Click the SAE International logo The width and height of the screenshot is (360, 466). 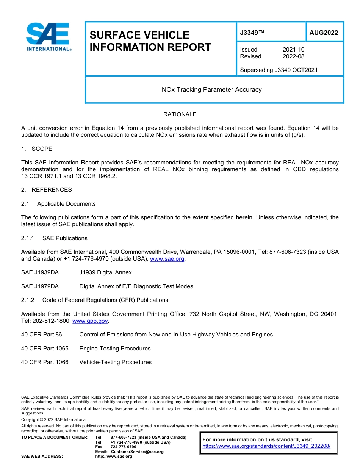(48, 37)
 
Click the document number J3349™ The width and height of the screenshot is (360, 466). (252, 33)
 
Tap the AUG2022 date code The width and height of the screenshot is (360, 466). (324, 33)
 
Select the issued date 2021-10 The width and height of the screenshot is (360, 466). (293, 50)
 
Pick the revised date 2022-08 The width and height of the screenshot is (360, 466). (293, 56)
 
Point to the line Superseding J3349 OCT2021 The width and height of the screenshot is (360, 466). (279, 70)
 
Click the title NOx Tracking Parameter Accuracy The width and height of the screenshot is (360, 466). (211, 90)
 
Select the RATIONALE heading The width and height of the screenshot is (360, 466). (180, 114)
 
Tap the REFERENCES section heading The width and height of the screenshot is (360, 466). (52, 190)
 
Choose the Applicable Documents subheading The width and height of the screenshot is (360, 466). (66, 204)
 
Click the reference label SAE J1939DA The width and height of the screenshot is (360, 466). (40, 272)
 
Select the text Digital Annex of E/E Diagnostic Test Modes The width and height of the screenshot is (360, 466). (136, 286)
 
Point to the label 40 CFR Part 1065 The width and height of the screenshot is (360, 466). (45, 349)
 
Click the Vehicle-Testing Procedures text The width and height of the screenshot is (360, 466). (115, 362)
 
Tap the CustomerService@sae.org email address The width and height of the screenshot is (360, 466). (137, 452)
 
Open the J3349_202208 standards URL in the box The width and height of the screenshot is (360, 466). (266, 446)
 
